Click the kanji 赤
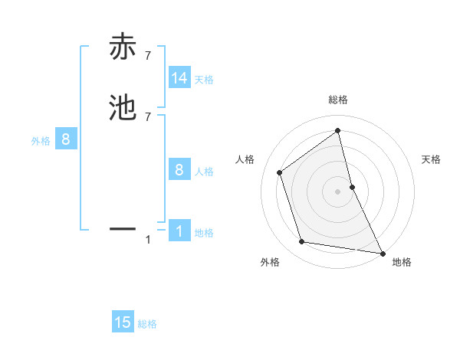pyautogui.click(x=123, y=47)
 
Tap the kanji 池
pyautogui.click(x=123, y=107)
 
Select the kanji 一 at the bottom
pyautogui.click(x=123, y=228)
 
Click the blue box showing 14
pyautogui.click(x=179, y=78)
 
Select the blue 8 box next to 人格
pyautogui.click(x=179, y=170)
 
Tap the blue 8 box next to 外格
pyautogui.click(x=66, y=139)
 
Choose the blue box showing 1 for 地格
pyautogui.click(x=179, y=231)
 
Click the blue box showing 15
pyautogui.click(x=123, y=322)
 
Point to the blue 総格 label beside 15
pyautogui.click(x=147, y=324)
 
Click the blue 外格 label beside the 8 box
pyautogui.click(x=41, y=141)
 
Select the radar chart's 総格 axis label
pyautogui.click(x=338, y=100)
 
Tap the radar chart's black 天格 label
pyautogui.click(x=432, y=159)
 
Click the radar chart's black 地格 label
pyautogui.click(x=402, y=262)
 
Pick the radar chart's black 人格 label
pyautogui.click(x=245, y=159)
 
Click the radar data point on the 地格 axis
pyautogui.click(x=382, y=252)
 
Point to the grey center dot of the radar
pyautogui.click(x=338, y=191)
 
